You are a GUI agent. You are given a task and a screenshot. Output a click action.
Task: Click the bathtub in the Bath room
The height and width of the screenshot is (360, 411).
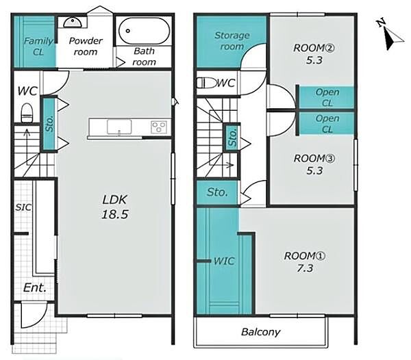pyautogui.click(x=144, y=31)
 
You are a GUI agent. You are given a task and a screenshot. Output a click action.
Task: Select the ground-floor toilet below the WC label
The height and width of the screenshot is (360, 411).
pyautogui.click(x=27, y=113)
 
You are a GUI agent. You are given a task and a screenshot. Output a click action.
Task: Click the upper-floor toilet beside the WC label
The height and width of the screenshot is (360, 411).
pyautogui.click(x=207, y=83)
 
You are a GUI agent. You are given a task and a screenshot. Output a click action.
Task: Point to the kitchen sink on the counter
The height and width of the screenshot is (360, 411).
pyautogui.click(x=119, y=127)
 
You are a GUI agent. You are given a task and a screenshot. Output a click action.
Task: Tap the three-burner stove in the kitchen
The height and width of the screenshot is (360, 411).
pyautogui.click(x=159, y=127)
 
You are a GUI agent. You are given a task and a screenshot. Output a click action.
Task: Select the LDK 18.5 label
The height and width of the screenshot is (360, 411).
pyautogui.click(x=115, y=207)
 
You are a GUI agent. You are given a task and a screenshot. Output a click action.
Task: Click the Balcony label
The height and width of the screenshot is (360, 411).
pyautogui.click(x=260, y=332)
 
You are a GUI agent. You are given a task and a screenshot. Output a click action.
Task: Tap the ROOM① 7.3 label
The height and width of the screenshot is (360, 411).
pyautogui.click(x=305, y=262)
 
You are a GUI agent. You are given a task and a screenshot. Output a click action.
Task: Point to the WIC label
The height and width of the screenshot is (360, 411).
pyautogui.click(x=224, y=261)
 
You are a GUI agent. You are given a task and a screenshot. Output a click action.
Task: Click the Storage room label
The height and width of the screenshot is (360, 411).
pyautogui.click(x=232, y=41)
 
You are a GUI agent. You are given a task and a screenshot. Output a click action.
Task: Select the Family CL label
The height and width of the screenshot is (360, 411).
pyautogui.click(x=38, y=47)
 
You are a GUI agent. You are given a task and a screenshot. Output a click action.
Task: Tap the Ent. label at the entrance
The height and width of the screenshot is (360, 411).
pyautogui.click(x=35, y=287)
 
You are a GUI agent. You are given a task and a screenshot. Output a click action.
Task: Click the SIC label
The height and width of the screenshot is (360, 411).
pyautogui.click(x=23, y=207)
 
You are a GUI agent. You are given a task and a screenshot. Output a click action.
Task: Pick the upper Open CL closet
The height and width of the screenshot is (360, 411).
pyautogui.click(x=327, y=97)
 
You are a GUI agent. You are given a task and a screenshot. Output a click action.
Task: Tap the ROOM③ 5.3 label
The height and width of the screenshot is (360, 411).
pyautogui.click(x=314, y=164)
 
